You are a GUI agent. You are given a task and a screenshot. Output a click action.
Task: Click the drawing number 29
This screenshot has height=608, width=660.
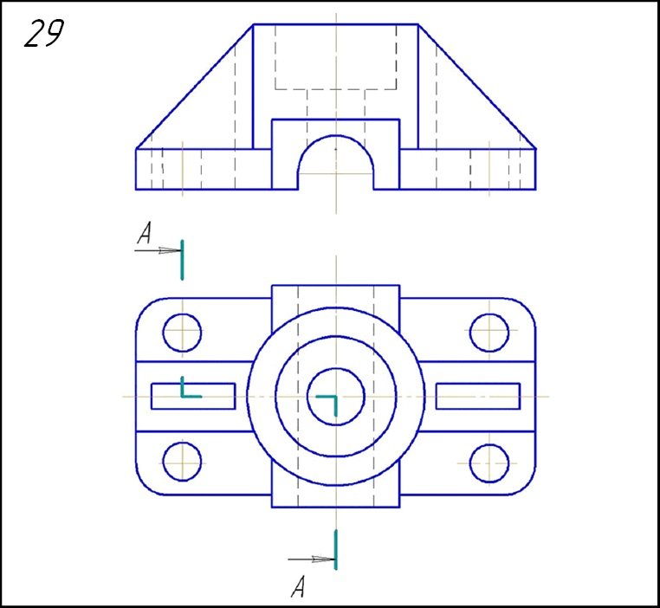(x=44, y=33)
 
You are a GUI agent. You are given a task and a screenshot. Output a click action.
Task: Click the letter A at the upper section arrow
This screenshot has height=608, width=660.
(x=145, y=234)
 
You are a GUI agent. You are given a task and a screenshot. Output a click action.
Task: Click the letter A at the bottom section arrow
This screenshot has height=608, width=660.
(x=298, y=587)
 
